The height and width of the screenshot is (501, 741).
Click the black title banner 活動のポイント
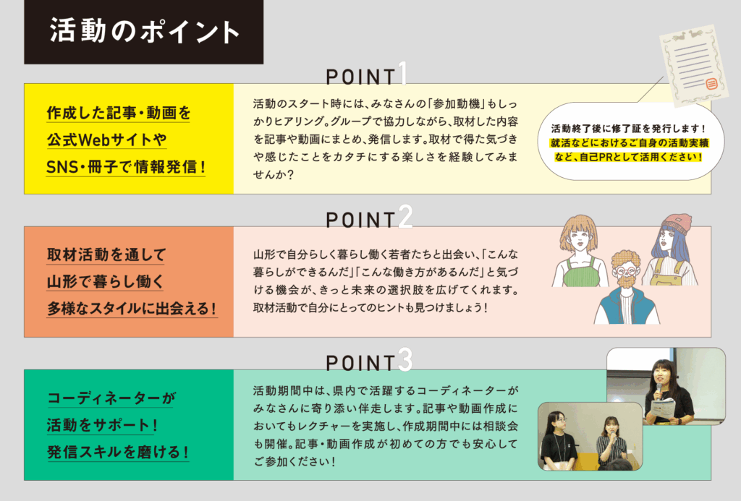[144, 32]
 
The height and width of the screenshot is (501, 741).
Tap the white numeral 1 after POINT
[402, 74]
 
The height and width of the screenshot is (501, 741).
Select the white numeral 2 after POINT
[405, 217]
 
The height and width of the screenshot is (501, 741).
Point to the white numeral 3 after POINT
[405, 360]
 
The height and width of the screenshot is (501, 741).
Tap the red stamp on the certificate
[711, 85]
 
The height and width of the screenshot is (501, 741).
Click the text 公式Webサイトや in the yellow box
[106, 140]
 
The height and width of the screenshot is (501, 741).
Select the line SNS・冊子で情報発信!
[126, 167]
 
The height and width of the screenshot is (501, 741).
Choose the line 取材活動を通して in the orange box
[106, 255]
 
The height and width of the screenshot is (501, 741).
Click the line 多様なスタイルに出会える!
[132, 309]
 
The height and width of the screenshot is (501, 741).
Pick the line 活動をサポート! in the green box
[102, 425]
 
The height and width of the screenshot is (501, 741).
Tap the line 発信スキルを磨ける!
[118, 452]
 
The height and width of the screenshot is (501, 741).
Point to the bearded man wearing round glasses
[627, 288]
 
